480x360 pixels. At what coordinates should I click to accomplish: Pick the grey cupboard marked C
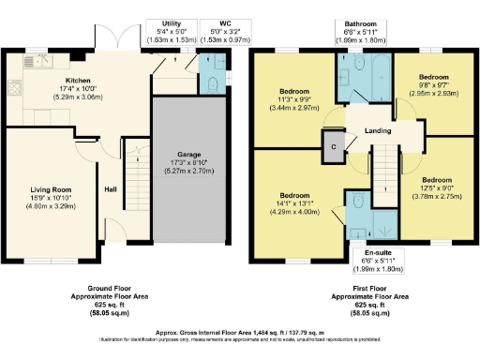[x=332, y=145]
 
